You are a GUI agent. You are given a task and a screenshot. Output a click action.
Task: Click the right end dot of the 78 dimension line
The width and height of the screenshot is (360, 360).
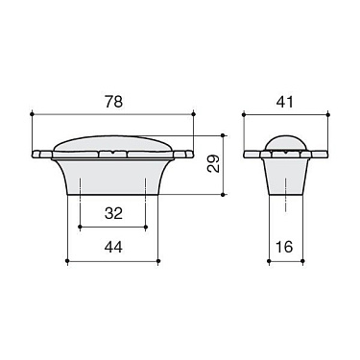[x=194, y=114]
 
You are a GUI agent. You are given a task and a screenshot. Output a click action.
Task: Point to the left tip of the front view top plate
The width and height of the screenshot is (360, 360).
[x=35, y=154]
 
